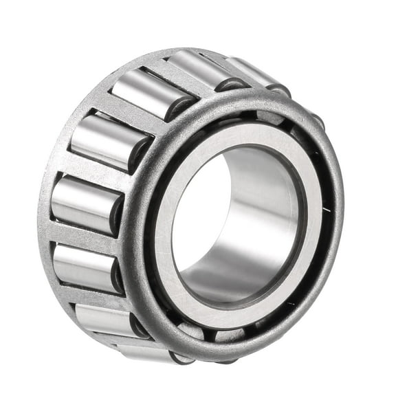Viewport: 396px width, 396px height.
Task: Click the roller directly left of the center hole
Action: click(x=80, y=203)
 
